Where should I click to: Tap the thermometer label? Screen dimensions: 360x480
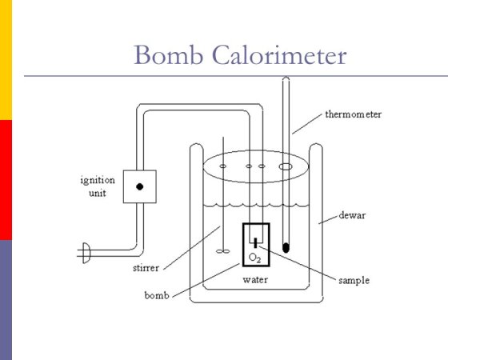click(x=353, y=114)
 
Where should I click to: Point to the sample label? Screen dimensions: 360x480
click(x=352, y=281)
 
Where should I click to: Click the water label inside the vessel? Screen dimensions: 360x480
click(x=255, y=280)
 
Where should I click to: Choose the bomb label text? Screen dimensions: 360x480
click(x=156, y=295)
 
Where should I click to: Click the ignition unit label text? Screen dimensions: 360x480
click(x=96, y=186)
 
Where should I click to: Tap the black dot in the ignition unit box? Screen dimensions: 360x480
click(x=139, y=186)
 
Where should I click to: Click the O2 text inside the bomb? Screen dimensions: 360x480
click(x=255, y=258)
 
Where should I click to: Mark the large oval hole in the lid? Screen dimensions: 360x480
click(x=285, y=167)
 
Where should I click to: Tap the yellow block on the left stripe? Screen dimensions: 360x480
click(x=6, y=60)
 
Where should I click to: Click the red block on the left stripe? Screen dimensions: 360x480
click(x=6, y=180)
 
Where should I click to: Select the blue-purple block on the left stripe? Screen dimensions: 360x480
click(x=6, y=300)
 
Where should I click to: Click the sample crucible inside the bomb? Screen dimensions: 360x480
click(x=255, y=242)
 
